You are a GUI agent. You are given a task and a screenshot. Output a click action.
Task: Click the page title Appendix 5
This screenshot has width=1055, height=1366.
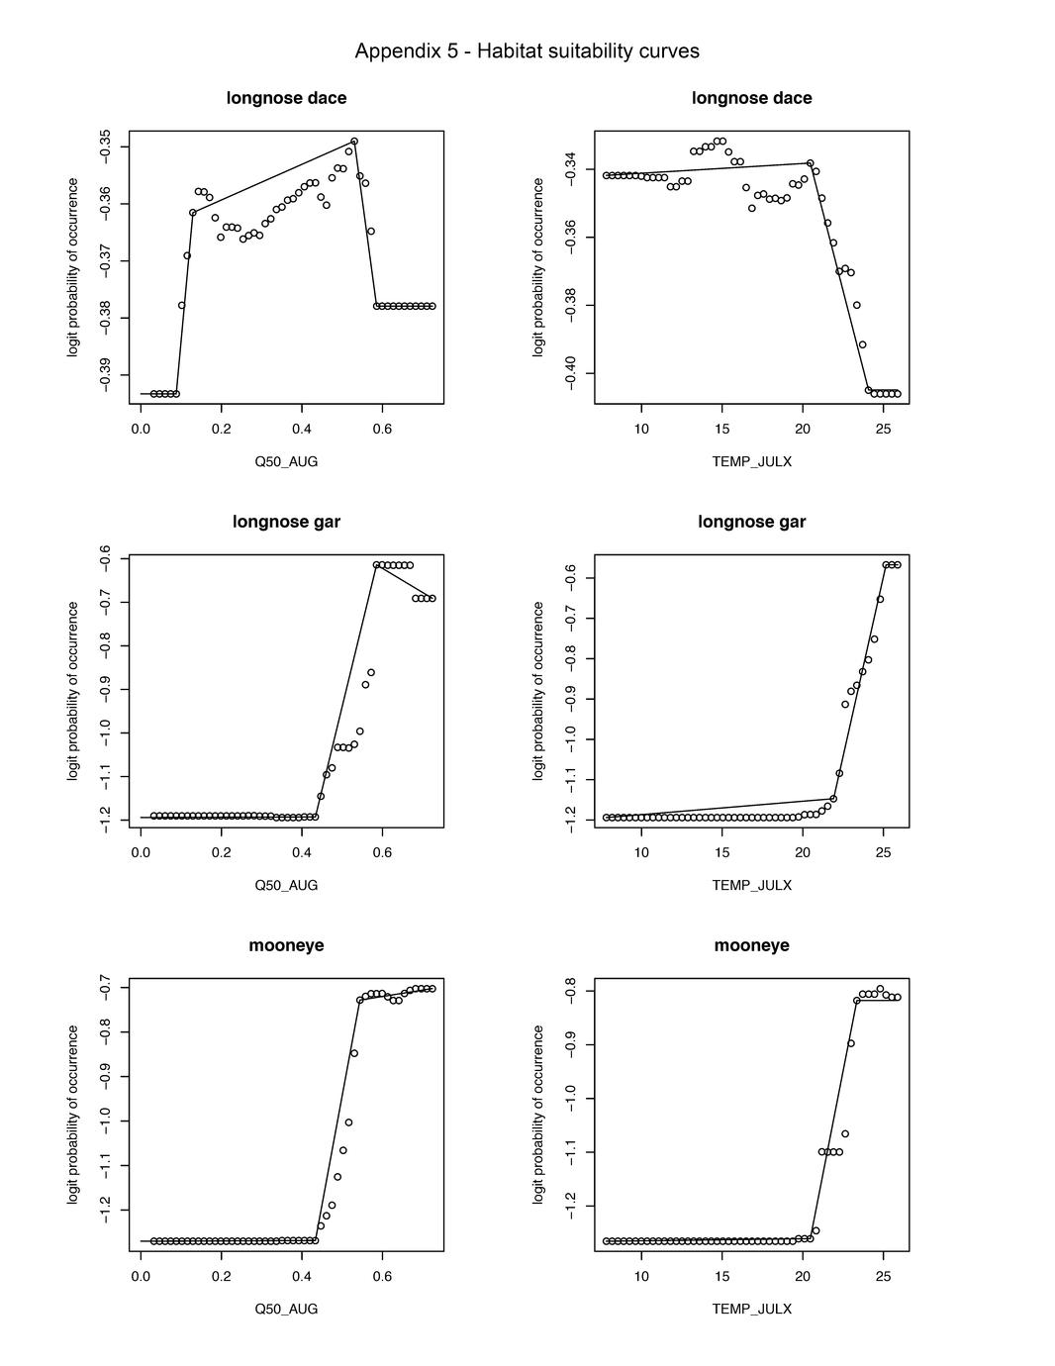click(527, 51)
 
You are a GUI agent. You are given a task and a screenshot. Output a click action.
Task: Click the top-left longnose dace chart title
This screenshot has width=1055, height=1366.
click(286, 98)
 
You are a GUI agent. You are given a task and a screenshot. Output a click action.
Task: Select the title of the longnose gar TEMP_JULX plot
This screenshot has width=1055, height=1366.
click(751, 522)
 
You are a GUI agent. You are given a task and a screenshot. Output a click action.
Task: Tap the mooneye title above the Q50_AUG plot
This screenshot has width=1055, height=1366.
click(286, 945)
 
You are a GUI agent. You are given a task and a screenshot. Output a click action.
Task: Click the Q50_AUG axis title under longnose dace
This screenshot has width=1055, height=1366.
click(286, 461)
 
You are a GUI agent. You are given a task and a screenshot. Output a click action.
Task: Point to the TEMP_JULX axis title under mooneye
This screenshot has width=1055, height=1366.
click(751, 1309)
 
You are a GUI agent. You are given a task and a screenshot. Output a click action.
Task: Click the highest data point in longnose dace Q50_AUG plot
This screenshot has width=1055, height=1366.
click(354, 142)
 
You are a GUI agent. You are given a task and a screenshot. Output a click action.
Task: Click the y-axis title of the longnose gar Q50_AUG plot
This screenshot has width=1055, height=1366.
click(73, 690)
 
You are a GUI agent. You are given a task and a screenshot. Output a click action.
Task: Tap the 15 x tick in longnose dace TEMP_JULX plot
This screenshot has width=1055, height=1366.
click(722, 429)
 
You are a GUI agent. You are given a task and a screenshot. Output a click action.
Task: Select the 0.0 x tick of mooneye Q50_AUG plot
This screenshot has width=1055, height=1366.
click(141, 1276)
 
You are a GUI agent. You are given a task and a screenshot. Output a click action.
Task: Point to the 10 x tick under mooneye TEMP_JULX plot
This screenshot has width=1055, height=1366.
click(641, 1276)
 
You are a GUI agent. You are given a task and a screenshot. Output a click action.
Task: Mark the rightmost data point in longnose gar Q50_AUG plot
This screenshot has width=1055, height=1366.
click(432, 598)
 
